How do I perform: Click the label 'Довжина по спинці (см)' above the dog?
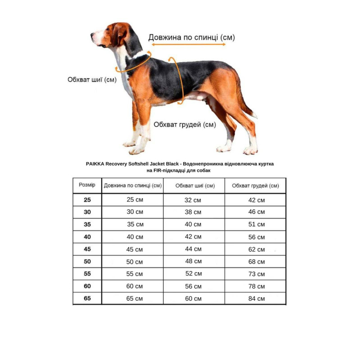pyautogui.click(x=191, y=37)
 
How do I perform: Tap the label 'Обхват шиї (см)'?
pyautogui.click(x=92, y=80)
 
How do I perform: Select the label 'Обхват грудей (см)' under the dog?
pyautogui.click(x=184, y=124)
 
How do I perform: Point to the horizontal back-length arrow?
pyautogui.click(x=189, y=45)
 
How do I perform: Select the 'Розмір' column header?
pyautogui.click(x=87, y=185)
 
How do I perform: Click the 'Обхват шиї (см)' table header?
pyautogui.click(x=194, y=186)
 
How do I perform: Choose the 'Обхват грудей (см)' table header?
pyautogui.click(x=255, y=186)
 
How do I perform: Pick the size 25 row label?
pyautogui.click(x=87, y=199)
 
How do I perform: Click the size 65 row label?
pyautogui.click(x=87, y=298)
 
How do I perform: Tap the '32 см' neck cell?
pyautogui.click(x=193, y=200)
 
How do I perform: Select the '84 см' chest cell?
pyautogui.click(x=256, y=298)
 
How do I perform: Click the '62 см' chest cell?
pyautogui.click(x=256, y=249)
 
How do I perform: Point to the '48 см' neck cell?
pyautogui.click(x=193, y=261)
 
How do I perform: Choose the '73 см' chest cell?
pyautogui.click(x=256, y=274)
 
